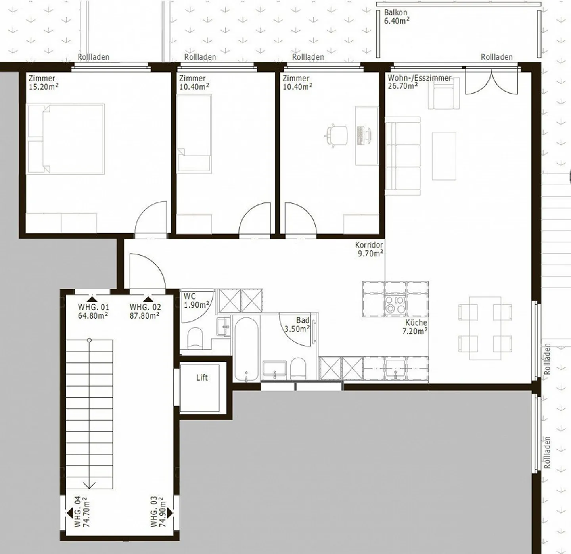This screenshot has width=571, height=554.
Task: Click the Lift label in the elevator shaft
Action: pyautogui.click(x=202, y=377)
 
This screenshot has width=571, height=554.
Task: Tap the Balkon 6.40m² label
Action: pyautogui.click(x=397, y=17)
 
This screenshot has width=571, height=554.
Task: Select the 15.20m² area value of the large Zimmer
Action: pyautogui.click(x=44, y=87)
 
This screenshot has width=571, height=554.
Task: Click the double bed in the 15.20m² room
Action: pyautogui.click(x=65, y=139)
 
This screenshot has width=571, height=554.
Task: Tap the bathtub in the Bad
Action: pyautogui.click(x=246, y=349)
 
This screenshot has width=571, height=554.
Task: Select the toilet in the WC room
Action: pyautogui.click(x=195, y=337)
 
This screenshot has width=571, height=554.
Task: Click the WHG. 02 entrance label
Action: pyautogui.click(x=145, y=311)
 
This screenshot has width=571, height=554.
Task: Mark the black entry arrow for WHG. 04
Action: pyautogui.click(x=69, y=513)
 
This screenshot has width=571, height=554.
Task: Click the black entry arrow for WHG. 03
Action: pyautogui.click(x=170, y=513)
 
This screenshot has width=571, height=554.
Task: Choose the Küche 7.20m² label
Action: pyautogui.click(x=415, y=327)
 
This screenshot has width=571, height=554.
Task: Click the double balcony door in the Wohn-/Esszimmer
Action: pyautogui.click(x=492, y=81)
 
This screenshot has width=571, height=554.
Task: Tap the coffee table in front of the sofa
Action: pyautogui.click(x=444, y=156)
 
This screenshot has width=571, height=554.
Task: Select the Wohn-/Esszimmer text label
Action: pyautogui.click(x=419, y=78)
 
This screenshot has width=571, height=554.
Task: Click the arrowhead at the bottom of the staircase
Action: pyautogui.click(x=90, y=485)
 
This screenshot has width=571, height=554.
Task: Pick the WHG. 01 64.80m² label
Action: pyautogui.click(x=93, y=311)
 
